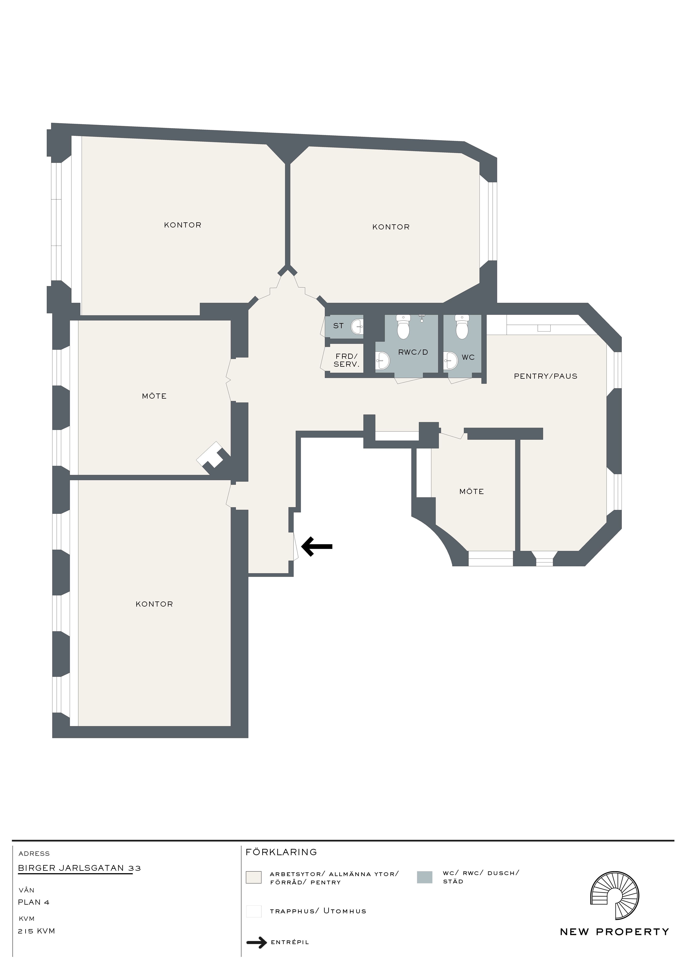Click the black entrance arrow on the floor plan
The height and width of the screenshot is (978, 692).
(317, 546)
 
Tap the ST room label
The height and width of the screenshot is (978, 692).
(338, 326)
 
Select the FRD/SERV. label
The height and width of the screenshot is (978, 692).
(346, 360)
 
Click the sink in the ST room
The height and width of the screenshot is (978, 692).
(357, 327)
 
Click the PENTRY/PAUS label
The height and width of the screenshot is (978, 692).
(545, 376)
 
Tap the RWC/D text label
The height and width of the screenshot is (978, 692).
(413, 352)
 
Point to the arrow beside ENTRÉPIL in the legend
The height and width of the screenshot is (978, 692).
(256, 951)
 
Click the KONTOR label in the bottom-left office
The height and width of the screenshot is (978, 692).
(154, 604)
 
